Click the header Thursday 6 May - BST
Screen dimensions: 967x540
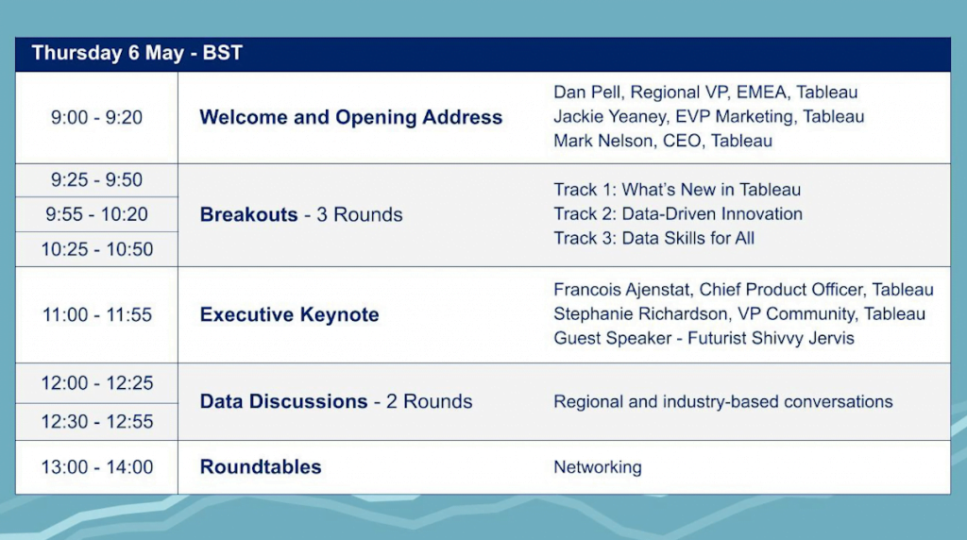(x=137, y=53)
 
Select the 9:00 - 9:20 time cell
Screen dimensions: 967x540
(x=97, y=117)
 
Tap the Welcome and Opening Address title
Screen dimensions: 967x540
(x=351, y=117)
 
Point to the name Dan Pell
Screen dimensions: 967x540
(x=586, y=92)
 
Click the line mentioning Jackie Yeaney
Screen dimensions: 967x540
(x=708, y=116)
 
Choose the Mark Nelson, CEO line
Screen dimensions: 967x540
(x=663, y=141)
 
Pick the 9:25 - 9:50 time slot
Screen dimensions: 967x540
(x=97, y=180)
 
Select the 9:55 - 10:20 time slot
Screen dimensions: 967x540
(x=97, y=214)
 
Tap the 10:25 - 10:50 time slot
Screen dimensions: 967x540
(x=97, y=249)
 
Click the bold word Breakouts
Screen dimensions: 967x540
(x=248, y=214)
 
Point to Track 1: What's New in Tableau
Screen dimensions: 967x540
(x=677, y=189)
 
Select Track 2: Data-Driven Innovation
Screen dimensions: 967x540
(x=678, y=214)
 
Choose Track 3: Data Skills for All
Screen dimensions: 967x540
(x=653, y=238)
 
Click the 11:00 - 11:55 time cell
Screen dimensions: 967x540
(x=97, y=315)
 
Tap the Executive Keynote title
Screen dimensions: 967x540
(x=289, y=314)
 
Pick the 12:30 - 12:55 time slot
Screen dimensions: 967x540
(x=97, y=422)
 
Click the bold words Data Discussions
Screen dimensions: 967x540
(x=283, y=401)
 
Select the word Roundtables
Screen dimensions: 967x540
(x=261, y=466)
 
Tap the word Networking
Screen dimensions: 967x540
(x=598, y=467)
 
